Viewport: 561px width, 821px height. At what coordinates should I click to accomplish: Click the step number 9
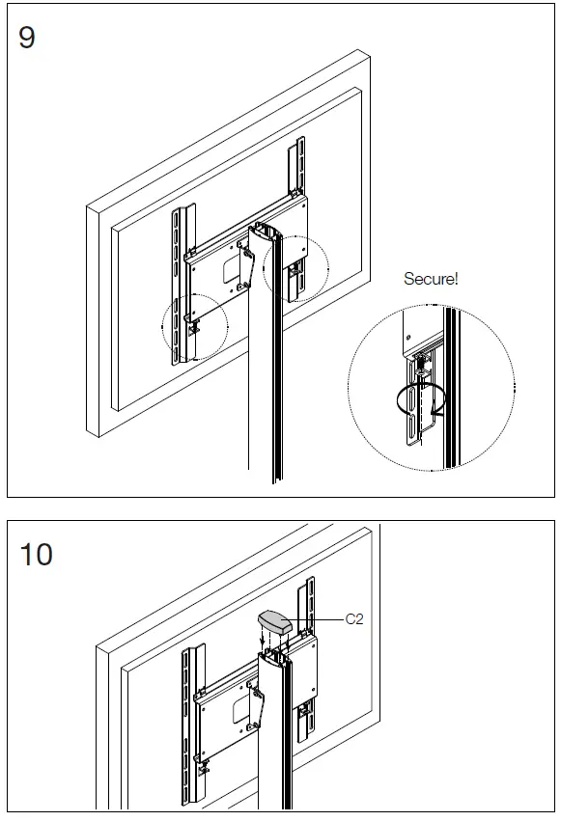pos(27,38)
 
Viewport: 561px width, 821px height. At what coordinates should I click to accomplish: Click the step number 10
pos(36,555)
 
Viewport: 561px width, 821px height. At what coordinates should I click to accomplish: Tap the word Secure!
pos(431,279)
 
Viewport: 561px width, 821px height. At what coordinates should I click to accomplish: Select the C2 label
pos(354,619)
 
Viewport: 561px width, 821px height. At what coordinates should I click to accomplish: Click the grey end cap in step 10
pos(274,622)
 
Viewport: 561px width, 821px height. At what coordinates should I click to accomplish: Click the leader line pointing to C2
pos(313,620)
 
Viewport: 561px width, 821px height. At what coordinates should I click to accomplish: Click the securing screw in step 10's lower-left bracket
pos(203,768)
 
